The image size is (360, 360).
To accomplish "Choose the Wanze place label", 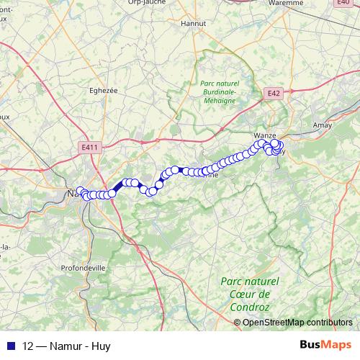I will coord(266,135).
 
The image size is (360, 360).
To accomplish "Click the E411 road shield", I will coord(89,147).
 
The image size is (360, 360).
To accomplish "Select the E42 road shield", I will coord(272,94).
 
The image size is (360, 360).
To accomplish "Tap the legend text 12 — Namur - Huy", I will coord(66,346).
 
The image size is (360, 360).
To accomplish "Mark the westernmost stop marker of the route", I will coord(80,192).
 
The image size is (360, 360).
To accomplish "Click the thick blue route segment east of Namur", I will coord(117,187).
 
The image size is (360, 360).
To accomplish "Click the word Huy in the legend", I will coord(102,346).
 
